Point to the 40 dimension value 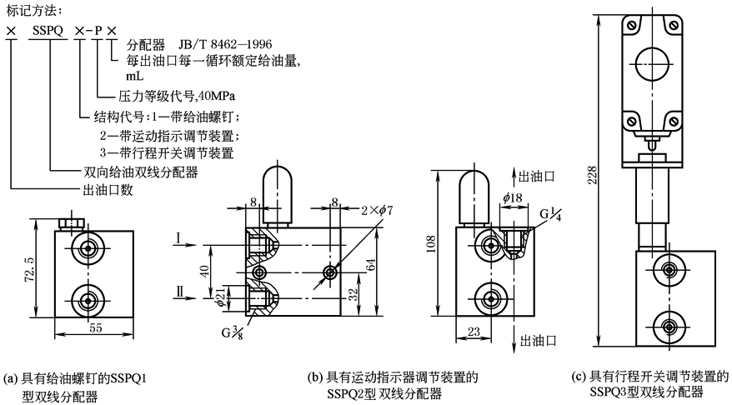[205, 272]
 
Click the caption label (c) [578, 376]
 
